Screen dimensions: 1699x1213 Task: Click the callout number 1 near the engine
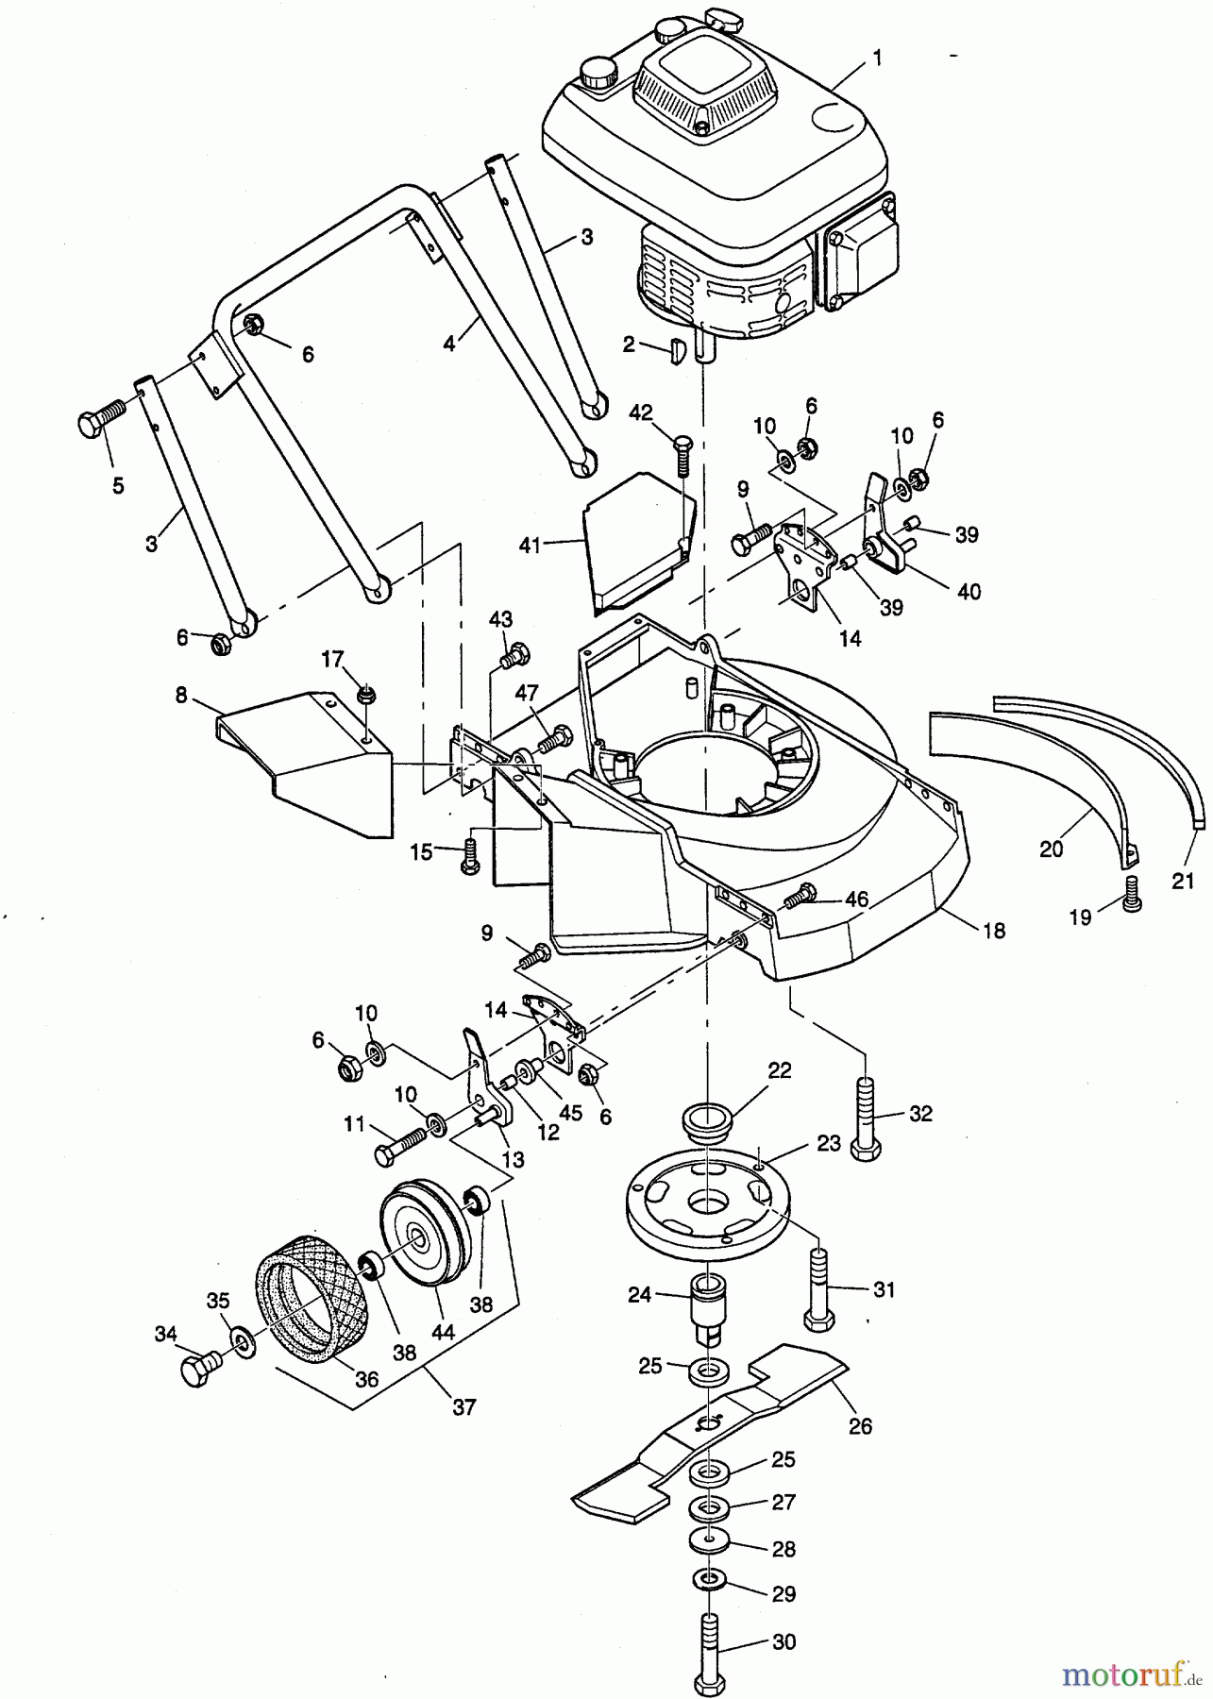(x=877, y=59)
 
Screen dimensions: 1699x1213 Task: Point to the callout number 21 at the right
(x=1183, y=882)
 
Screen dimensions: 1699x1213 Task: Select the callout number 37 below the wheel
(x=463, y=1407)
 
